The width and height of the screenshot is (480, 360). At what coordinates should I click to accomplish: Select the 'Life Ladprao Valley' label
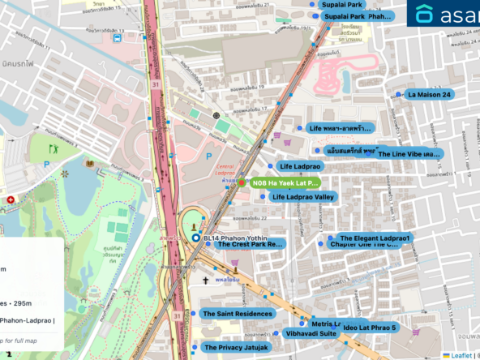(x=302, y=197)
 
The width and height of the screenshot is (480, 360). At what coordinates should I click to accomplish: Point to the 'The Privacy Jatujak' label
(x=235, y=348)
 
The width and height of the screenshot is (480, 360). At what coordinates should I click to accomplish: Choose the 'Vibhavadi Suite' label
(x=311, y=333)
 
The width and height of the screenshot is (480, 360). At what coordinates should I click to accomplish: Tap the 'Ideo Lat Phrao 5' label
(x=369, y=328)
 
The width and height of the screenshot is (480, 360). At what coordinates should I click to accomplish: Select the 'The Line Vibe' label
(x=409, y=153)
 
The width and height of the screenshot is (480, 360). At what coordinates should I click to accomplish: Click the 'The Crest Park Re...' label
(x=243, y=243)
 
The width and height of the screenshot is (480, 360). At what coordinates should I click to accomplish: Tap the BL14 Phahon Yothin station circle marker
(x=196, y=238)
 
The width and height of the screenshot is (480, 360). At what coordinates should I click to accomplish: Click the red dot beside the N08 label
(x=241, y=183)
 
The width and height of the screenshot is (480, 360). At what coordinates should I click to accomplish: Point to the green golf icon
(x=54, y=149)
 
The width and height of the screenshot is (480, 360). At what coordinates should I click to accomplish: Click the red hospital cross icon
(x=10, y=199)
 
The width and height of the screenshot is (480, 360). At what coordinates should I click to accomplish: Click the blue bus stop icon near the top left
(x=118, y=36)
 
